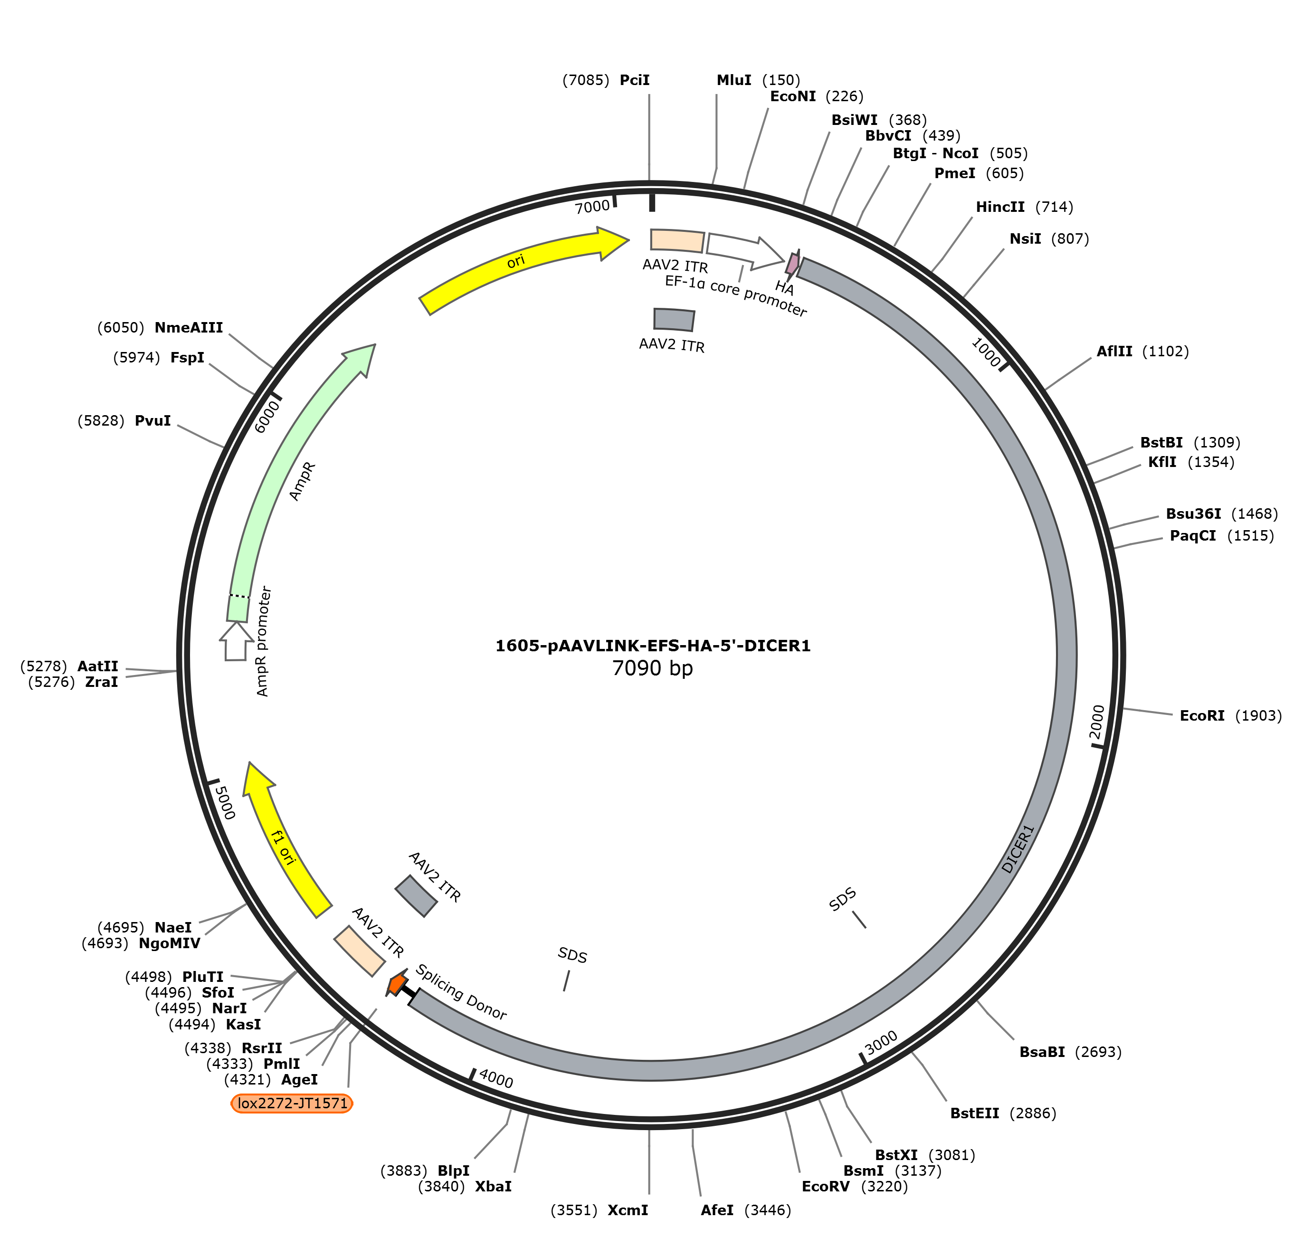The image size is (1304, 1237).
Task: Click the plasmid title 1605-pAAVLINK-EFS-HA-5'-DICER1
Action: tap(653, 646)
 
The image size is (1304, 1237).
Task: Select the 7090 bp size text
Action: tap(653, 668)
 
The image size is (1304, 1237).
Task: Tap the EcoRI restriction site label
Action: tap(1202, 715)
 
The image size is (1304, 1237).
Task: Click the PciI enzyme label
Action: tap(634, 80)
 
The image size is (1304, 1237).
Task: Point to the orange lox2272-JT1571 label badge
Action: tap(292, 1103)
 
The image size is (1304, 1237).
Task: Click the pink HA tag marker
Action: tap(792, 264)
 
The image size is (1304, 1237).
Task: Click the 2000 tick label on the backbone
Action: tap(1096, 722)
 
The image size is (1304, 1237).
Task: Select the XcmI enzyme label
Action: tap(628, 1210)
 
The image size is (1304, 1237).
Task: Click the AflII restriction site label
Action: tap(1114, 352)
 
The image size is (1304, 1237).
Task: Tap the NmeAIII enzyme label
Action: tap(189, 328)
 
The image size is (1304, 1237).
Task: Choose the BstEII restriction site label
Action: tap(974, 1113)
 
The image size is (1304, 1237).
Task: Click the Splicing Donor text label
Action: tap(461, 992)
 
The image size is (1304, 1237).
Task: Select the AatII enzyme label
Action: tap(97, 666)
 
